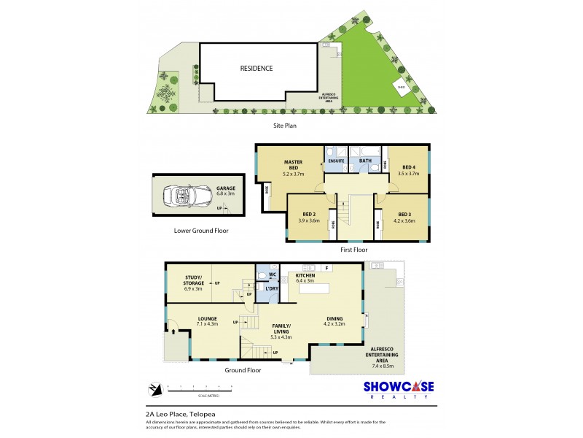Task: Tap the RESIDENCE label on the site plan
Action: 257,69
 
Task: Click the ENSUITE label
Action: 336,161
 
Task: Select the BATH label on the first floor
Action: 365,161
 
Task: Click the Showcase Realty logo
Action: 399,389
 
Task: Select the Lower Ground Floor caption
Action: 201,231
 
